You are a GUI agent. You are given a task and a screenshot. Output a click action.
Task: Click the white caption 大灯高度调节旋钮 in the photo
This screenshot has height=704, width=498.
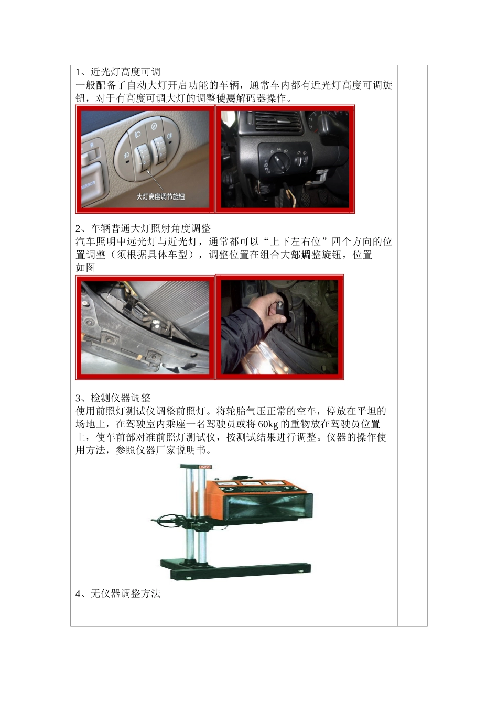point(160,197)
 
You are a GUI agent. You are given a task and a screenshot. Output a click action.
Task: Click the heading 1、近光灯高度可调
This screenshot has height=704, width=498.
point(118,72)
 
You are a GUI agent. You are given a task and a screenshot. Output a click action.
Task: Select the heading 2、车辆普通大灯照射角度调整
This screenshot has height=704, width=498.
point(143,228)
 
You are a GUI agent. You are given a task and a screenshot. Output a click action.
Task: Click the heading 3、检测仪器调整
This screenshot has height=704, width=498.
point(113,398)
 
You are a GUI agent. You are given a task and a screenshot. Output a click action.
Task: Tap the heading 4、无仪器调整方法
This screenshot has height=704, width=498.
point(118,593)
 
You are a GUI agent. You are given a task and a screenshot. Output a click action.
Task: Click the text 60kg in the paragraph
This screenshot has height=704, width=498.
point(268,424)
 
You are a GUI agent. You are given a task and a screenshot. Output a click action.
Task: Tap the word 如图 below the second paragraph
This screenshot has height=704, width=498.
point(85,268)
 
